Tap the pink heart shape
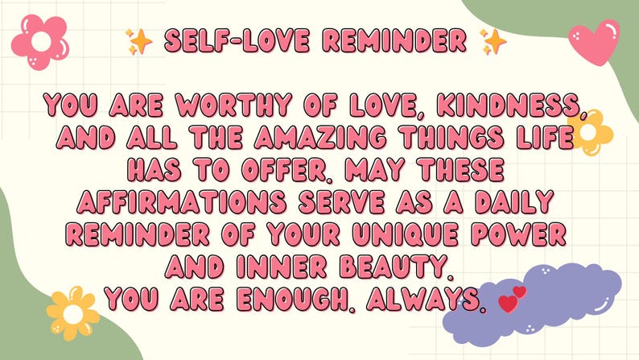pyautogui.click(x=593, y=41)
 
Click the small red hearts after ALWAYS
pyautogui.click(x=512, y=299)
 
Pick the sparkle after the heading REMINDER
pyautogui.click(x=493, y=40)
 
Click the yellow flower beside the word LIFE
pyautogui.click(x=592, y=130)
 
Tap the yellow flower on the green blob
pyautogui.click(x=72, y=309)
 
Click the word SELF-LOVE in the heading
pyautogui.click(x=227, y=40)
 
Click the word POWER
pyautogui.click(x=526, y=234)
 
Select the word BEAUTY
pyautogui.click(x=402, y=267)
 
